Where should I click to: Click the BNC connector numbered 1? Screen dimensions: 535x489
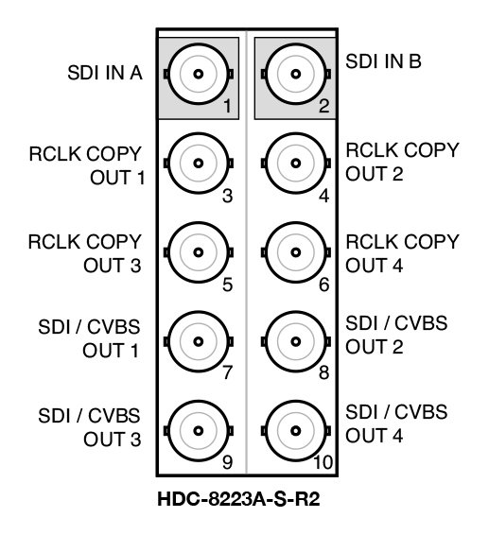pos(199,74)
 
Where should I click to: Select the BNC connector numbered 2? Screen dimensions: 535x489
pos(295,74)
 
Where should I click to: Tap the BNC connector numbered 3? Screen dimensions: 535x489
pos(199,163)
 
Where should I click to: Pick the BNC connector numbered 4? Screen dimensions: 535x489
pos(295,163)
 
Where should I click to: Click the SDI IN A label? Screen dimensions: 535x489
pos(105,73)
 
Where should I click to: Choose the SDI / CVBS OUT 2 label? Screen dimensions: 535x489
pos(395,336)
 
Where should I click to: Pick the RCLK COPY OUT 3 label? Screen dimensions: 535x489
pos(98,253)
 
